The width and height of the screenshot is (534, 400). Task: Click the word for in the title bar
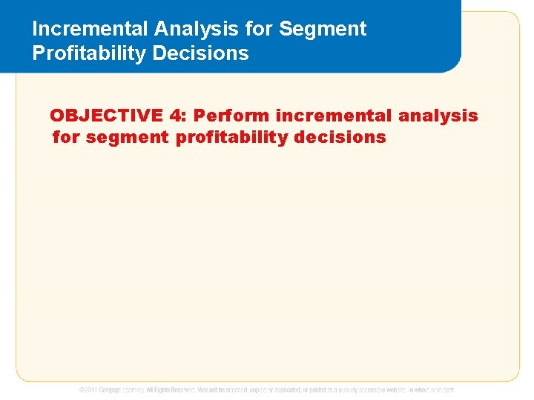tap(263, 29)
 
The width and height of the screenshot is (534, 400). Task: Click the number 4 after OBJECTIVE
tap(175, 116)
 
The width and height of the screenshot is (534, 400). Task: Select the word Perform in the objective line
tap(232, 116)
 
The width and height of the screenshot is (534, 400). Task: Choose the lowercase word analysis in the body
tap(438, 116)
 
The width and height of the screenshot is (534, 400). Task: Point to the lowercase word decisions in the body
tap(340, 137)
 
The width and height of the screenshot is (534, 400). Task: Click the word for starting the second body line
tap(67, 137)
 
